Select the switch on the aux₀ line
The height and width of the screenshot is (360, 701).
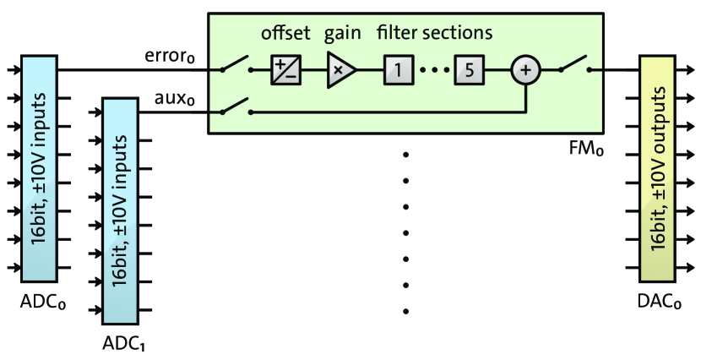tap(236, 106)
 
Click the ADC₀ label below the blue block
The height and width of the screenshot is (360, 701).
tap(42, 303)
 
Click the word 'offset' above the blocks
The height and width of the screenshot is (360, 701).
tap(285, 35)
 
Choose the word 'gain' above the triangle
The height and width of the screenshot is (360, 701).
tap(342, 35)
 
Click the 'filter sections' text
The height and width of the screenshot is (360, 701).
tap(434, 35)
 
